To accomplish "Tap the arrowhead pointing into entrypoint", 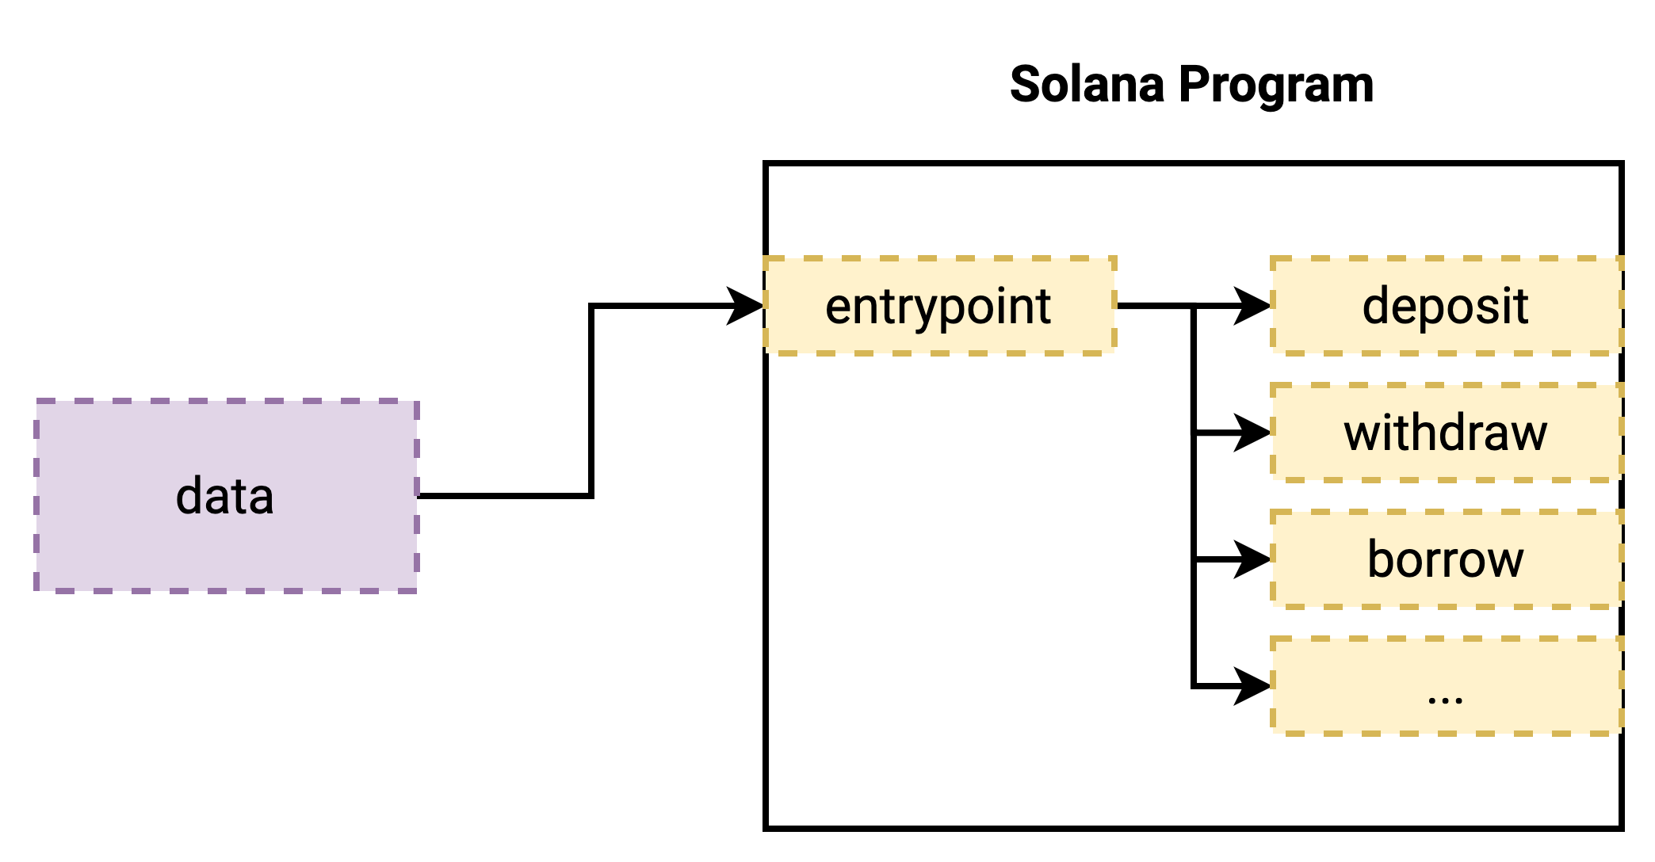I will tap(747, 306).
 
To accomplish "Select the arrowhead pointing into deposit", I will tap(1254, 306).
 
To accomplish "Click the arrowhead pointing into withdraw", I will tap(1254, 433).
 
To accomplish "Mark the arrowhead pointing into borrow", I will tap(1254, 559).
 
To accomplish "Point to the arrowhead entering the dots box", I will tap(1254, 686).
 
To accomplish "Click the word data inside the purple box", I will tap(225, 497).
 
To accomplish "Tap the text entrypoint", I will tap(938, 307).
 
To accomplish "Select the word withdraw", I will tap(1446, 433).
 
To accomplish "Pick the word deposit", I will tap(1446, 307).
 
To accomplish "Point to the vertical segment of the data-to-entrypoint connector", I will tap(591, 401).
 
